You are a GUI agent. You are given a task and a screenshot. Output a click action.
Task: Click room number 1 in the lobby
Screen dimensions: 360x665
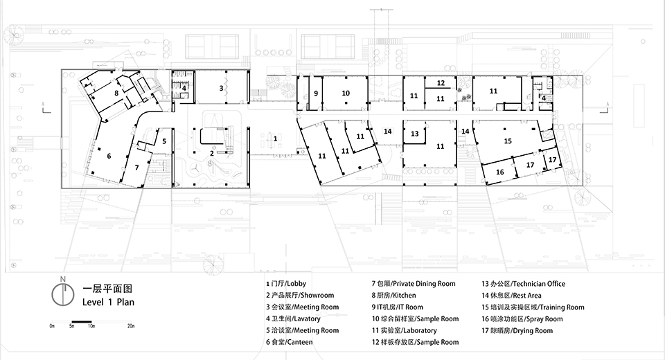click(x=275, y=139)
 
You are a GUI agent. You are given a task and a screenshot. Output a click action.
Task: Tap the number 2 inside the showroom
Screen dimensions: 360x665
click(x=213, y=152)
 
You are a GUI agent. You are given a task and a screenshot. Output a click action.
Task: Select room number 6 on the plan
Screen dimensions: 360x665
click(x=109, y=156)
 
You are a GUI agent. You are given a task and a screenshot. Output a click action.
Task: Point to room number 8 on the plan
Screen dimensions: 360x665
click(x=117, y=92)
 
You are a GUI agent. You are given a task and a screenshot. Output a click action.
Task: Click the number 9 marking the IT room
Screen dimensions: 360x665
click(x=315, y=93)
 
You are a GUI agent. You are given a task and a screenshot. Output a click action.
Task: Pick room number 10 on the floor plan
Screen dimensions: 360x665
click(x=346, y=93)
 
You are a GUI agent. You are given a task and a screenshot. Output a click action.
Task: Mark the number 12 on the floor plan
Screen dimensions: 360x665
click(x=440, y=83)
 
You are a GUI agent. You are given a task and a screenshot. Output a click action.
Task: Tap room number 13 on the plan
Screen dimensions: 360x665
click(x=414, y=134)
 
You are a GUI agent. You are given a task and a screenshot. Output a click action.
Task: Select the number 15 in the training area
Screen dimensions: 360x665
click(x=508, y=141)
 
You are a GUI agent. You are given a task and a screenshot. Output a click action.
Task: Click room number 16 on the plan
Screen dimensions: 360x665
click(x=499, y=172)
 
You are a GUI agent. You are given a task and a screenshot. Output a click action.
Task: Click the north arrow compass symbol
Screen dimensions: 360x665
click(x=62, y=293)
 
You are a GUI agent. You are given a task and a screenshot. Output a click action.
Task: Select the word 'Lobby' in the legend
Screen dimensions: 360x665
click(x=296, y=284)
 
